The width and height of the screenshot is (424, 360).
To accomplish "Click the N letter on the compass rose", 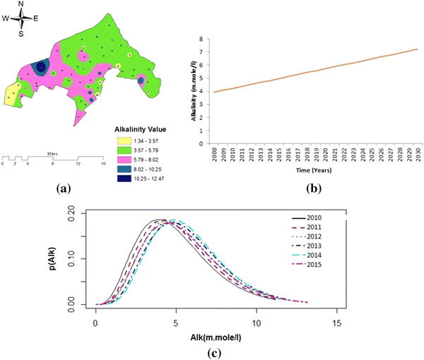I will (20, 4).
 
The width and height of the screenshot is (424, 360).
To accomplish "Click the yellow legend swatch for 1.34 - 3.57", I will (122, 140).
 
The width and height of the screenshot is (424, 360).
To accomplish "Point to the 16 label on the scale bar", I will (103, 163).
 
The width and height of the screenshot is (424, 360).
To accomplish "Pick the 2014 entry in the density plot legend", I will (317, 254).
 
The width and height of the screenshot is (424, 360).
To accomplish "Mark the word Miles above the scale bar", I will (53, 152).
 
